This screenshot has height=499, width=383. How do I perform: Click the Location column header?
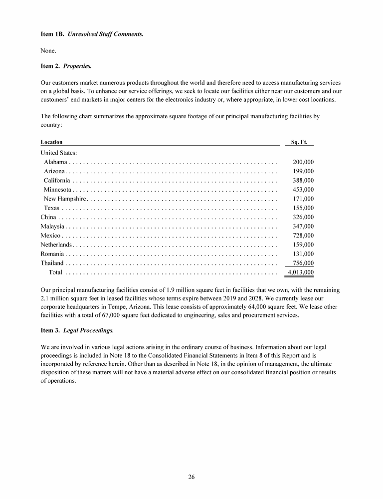tap(51, 142)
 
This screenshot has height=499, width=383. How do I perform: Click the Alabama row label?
tap(55, 162)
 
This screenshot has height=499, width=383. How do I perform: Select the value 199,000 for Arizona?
tap(303, 171)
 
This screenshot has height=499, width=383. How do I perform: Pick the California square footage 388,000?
tap(303, 181)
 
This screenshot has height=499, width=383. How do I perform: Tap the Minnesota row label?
tap(58, 190)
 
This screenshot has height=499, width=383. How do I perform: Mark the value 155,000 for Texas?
tap(303, 208)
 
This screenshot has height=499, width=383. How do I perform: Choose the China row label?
tap(48, 217)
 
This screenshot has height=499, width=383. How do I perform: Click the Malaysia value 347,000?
tap(303, 227)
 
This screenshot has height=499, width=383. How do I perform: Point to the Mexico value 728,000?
tap(303, 236)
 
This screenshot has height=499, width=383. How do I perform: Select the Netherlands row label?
tap(56, 245)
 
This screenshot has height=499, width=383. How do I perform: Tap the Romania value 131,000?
tap(303, 254)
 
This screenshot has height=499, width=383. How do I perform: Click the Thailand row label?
tap(52, 263)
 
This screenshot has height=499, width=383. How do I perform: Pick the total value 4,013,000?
tap(301, 272)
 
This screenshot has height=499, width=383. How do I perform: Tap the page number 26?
tap(191, 477)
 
